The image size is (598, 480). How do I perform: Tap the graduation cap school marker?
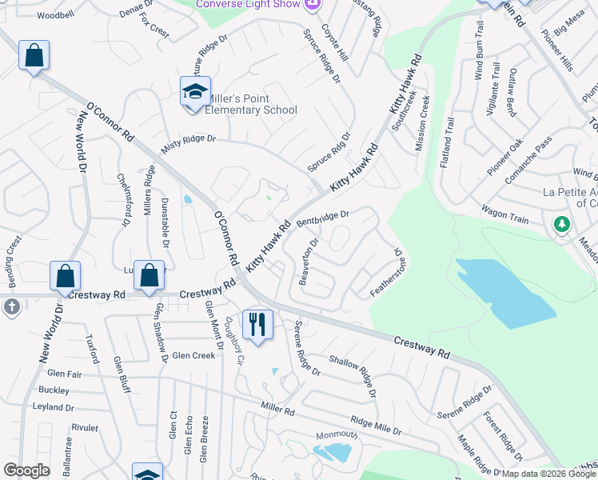tap(194, 94)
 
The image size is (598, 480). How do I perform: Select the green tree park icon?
tap(562, 224)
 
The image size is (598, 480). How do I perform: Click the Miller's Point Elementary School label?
tap(251, 104)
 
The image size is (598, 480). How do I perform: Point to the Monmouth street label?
tap(336, 434)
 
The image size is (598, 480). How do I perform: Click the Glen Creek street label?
tap(193, 355)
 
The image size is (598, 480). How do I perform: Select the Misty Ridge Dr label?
tap(189, 139)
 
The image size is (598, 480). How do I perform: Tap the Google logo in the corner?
tap(26, 470)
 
